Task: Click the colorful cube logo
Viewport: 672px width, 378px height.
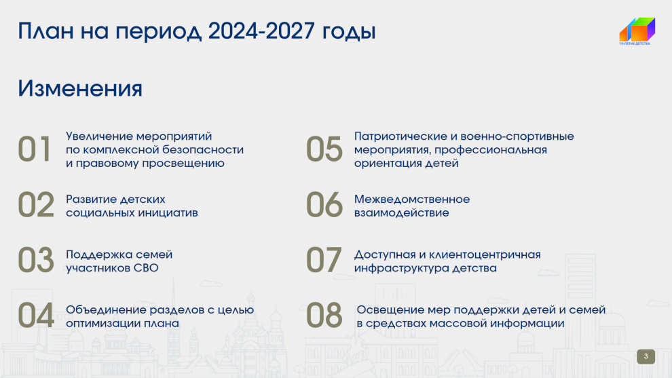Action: (637, 29)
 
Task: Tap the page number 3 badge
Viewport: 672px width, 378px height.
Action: (646, 356)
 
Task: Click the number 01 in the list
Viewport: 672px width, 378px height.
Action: (35, 149)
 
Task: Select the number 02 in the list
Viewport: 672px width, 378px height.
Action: (36, 204)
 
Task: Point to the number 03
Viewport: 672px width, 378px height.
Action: (36, 260)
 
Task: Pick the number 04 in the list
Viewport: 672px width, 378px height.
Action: (36, 315)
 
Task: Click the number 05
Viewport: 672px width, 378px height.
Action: (324, 149)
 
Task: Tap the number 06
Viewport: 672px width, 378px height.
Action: (324, 204)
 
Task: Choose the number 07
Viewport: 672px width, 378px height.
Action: (324, 260)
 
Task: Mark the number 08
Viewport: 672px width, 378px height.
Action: (324, 315)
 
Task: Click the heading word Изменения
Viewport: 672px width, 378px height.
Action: (80, 88)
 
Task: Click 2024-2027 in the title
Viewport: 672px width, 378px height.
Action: (261, 31)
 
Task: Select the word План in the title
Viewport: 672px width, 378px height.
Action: (46, 31)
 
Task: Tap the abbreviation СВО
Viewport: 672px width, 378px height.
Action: (146, 268)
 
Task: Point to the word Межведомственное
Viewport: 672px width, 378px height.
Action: (412, 200)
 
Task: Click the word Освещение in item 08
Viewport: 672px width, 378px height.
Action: (392, 310)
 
